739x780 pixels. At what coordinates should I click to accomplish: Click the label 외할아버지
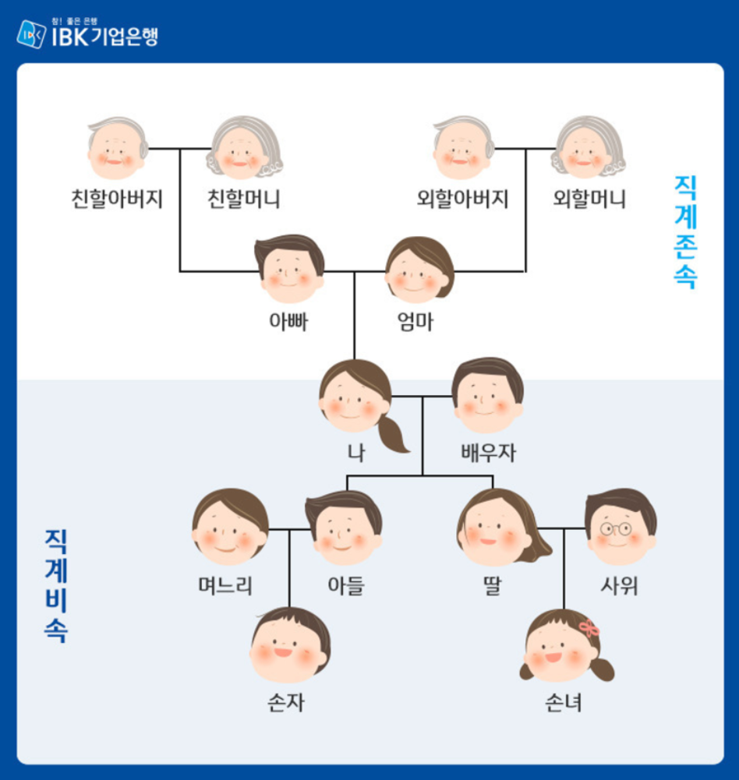[463, 200]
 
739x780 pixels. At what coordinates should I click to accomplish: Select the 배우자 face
[487, 397]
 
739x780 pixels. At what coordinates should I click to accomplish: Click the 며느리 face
[230, 528]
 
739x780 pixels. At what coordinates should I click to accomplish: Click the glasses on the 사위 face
[616, 529]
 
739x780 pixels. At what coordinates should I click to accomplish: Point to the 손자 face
[290, 646]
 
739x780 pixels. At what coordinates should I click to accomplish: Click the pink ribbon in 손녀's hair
[589, 627]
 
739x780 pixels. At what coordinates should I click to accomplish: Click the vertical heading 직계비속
[55, 585]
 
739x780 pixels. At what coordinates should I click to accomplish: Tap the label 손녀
[564, 705]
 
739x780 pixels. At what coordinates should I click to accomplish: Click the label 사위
[620, 585]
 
